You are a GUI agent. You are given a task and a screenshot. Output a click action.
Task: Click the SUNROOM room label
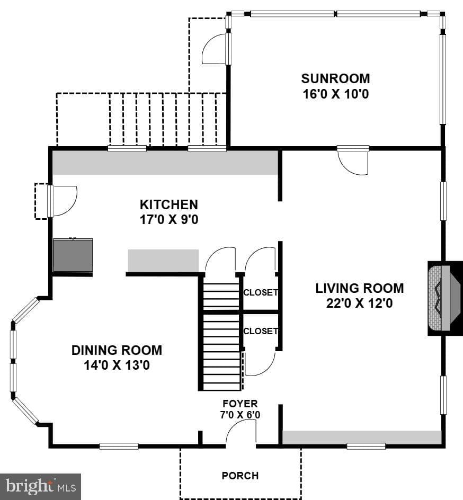335,78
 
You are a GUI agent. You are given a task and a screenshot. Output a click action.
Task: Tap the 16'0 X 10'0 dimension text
335,94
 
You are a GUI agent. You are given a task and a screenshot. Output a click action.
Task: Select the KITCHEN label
169,204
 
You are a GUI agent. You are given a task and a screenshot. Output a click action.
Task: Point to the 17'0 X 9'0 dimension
169,219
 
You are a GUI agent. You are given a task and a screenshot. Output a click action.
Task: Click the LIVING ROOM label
359,288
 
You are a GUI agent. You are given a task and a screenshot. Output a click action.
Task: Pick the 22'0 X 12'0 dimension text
359,303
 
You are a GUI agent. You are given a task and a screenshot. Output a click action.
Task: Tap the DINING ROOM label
117,350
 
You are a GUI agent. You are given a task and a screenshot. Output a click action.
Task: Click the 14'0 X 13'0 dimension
117,365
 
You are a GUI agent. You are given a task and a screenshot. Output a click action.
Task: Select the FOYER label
240,404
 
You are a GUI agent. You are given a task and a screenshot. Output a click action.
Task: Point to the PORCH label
240,476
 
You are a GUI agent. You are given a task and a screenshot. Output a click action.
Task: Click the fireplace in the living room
445,298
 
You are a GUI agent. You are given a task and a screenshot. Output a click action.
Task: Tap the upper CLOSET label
261,292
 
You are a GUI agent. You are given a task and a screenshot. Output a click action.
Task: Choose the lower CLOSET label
261,332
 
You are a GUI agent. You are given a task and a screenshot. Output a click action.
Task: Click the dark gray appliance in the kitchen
73,255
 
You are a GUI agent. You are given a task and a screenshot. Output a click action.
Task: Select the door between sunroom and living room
353,160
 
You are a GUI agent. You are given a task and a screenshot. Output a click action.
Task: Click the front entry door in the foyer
241,432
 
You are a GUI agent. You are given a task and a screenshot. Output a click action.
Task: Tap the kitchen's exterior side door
63,201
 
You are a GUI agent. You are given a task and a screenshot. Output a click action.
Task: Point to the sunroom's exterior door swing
216,49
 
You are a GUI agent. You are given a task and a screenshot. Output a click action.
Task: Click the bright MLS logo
40,487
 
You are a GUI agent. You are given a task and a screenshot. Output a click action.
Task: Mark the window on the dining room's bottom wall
119,446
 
